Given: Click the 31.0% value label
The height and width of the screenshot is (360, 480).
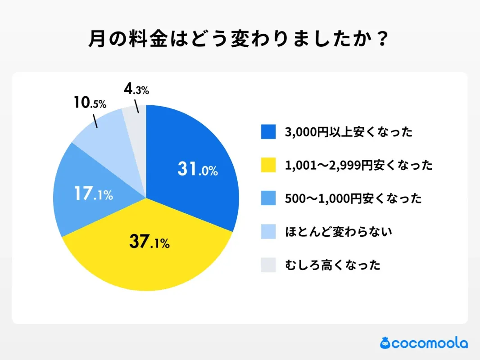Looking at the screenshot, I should coord(197,170).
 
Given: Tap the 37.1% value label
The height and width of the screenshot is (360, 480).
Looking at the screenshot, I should coord(149,243).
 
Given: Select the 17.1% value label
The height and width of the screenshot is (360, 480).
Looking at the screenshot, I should coord(93,194).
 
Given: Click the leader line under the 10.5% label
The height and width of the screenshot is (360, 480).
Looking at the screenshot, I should coord(95,121).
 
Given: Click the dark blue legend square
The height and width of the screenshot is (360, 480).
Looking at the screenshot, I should coord(268,132).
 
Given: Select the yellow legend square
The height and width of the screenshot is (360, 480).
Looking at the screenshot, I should coord(268,165).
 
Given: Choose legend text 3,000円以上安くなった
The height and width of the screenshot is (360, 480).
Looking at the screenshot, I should coord(349,132).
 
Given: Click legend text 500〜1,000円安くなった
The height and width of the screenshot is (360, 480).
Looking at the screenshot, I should coord(353,198).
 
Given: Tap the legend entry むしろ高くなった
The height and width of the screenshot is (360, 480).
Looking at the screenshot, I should coord(333,265).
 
